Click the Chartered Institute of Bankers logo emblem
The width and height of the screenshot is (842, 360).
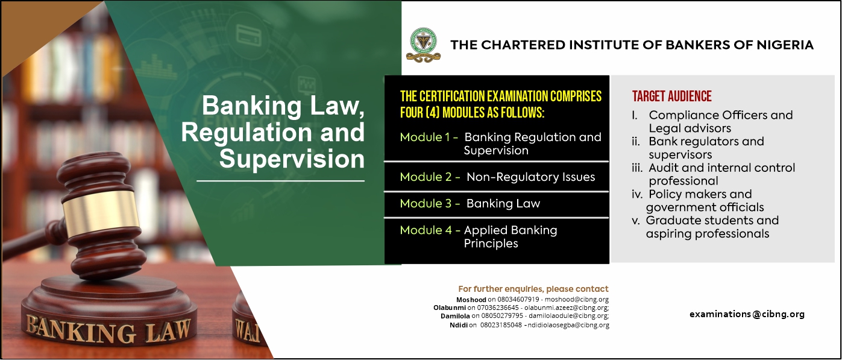[423, 45]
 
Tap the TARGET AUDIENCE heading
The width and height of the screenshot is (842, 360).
[671, 96]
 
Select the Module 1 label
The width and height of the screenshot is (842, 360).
[429, 137]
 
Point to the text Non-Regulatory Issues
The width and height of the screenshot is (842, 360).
[531, 177]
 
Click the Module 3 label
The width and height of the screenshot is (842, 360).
[430, 203]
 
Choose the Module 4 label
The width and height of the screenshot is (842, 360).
[430, 230]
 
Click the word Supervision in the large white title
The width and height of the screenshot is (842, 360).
[292, 159]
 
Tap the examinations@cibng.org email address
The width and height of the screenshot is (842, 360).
[747, 314]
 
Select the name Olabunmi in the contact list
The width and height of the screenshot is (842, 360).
[450, 308]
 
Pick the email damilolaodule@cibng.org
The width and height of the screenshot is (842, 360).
[569, 315]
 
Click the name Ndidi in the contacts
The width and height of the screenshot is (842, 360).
[459, 325]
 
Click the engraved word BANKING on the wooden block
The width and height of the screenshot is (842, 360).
[80, 330]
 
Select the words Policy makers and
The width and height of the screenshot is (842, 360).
[700, 194]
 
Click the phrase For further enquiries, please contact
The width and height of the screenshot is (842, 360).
[533, 289]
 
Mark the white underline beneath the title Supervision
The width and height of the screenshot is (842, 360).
[280, 181]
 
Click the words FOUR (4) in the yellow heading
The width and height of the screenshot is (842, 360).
[420, 113]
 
